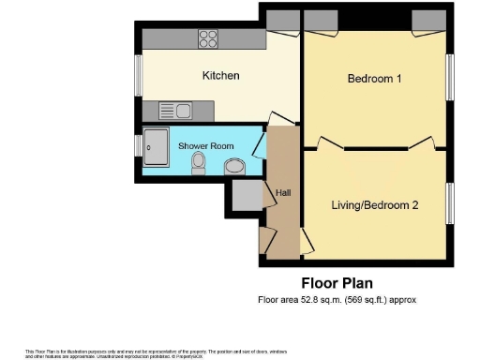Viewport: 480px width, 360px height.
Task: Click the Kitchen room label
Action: [221, 75]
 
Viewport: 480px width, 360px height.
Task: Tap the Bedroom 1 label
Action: [374, 79]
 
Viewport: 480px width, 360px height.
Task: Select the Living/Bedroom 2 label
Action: [374, 204]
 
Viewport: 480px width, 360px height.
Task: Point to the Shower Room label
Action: [207, 146]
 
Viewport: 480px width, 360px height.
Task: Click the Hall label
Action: [283, 193]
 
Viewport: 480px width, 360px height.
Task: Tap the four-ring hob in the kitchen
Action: [208, 39]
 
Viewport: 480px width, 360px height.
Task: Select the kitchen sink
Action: [175, 111]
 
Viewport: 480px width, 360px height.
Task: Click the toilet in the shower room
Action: [198, 164]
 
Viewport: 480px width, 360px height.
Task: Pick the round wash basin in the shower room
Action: [236, 167]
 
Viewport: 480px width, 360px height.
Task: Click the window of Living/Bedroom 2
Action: [450, 203]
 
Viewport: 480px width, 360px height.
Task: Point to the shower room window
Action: [139, 146]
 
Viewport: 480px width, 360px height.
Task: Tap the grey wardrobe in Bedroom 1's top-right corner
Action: [430, 19]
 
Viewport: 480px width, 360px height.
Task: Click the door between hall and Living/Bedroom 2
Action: [307, 243]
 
